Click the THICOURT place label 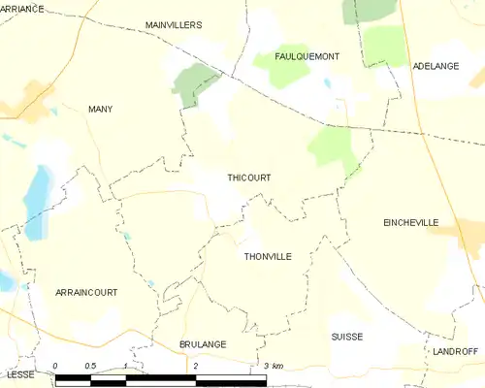pyautogui.click(x=248, y=178)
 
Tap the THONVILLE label pyautogui.click(x=268, y=256)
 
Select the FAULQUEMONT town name pyautogui.click(x=307, y=56)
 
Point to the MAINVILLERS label pyautogui.click(x=173, y=24)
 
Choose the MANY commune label pyautogui.click(x=100, y=110)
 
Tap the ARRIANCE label pyautogui.click(x=22, y=8)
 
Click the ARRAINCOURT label pyautogui.click(x=86, y=292)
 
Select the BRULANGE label pyautogui.click(x=202, y=344)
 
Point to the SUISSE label pyautogui.click(x=346, y=337)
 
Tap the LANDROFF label pyautogui.click(x=457, y=350)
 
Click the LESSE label pyautogui.click(x=19, y=373)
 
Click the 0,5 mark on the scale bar pyautogui.click(x=89, y=366)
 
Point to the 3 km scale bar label pyautogui.click(x=273, y=366)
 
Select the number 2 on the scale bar pyautogui.click(x=196, y=366)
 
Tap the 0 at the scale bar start pyautogui.click(x=55, y=366)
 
